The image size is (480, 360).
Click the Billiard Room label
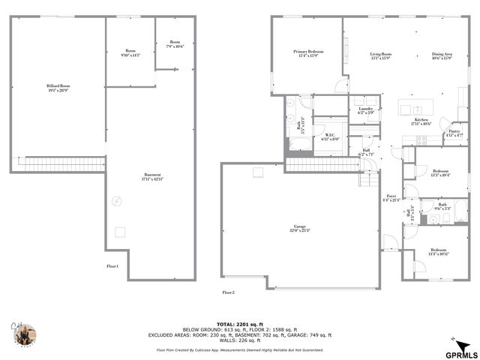(x=58, y=88)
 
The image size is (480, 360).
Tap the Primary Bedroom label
(x=307, y=53)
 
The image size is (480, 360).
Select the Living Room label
(x=381, y=55)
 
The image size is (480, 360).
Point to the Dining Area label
(x=442, y=55)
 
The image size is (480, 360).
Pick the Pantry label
(x=454, y=133)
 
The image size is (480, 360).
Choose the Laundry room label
(x=366, y=110)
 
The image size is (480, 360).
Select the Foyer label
(x=391, y=198)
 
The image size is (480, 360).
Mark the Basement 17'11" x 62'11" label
(x=152, y=176)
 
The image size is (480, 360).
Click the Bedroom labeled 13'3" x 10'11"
(x=441, y=252)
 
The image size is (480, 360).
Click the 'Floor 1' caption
(x=112, y=266)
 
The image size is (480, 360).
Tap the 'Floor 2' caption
(x=229, y=292)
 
